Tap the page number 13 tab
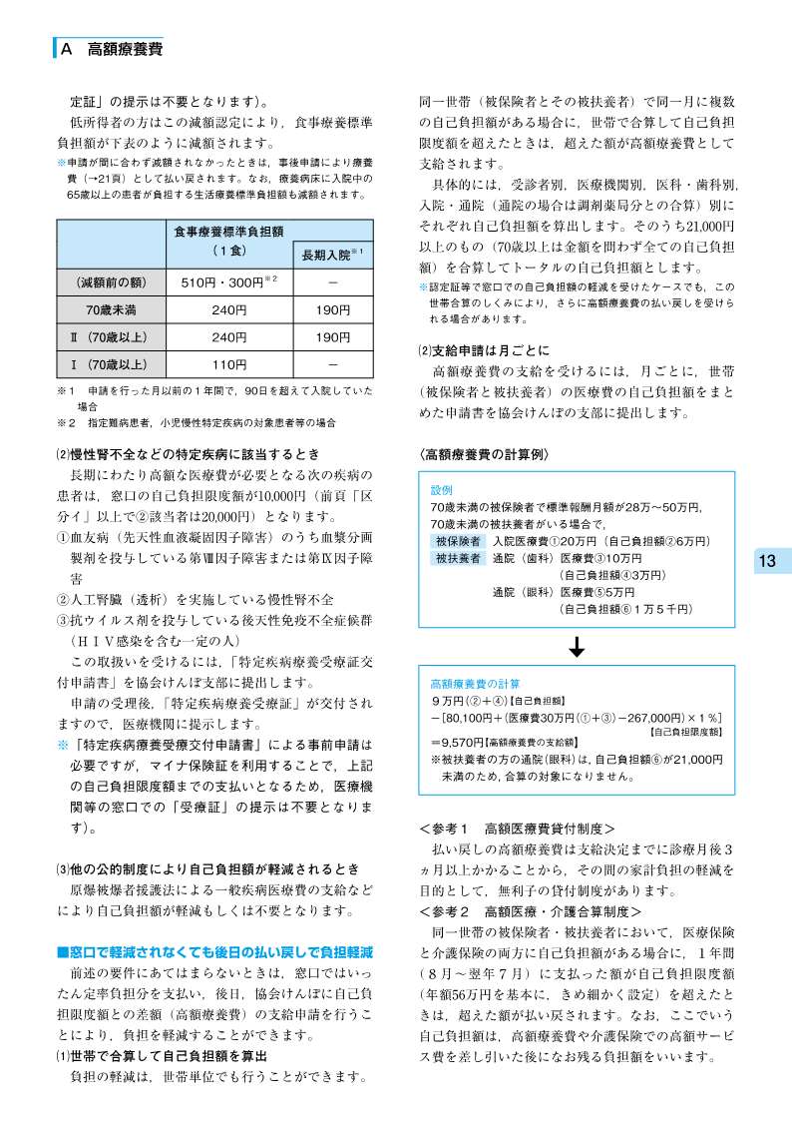pos(766,561)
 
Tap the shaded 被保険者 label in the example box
pos(456,540)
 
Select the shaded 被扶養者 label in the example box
pos(456,558)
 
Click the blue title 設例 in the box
pos(441,491)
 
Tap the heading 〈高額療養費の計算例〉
pos(486,453)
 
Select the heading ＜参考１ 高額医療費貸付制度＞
pos(517,829)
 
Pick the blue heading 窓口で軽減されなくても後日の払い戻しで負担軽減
pos(214,952)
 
